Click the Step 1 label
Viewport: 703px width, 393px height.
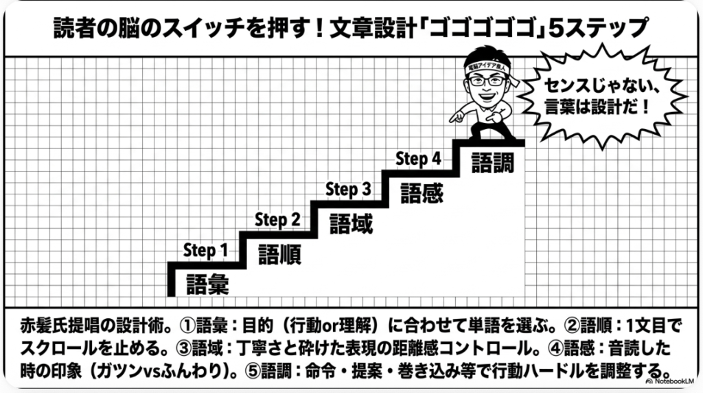[x=205, y=251]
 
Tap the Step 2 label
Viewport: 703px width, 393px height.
[x=277, y=220]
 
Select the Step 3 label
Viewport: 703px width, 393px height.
[x=348, y=189]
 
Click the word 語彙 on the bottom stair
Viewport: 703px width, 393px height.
[x=207, y=283]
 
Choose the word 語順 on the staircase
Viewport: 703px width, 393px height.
[x=279, y=254]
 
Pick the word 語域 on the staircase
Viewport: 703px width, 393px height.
[x=351, y=223]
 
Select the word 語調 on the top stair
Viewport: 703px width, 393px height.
[x=492, y=163]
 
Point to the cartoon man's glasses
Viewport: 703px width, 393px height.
[x=488, y=81]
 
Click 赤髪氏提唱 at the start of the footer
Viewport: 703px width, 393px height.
[x=55, y=323]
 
